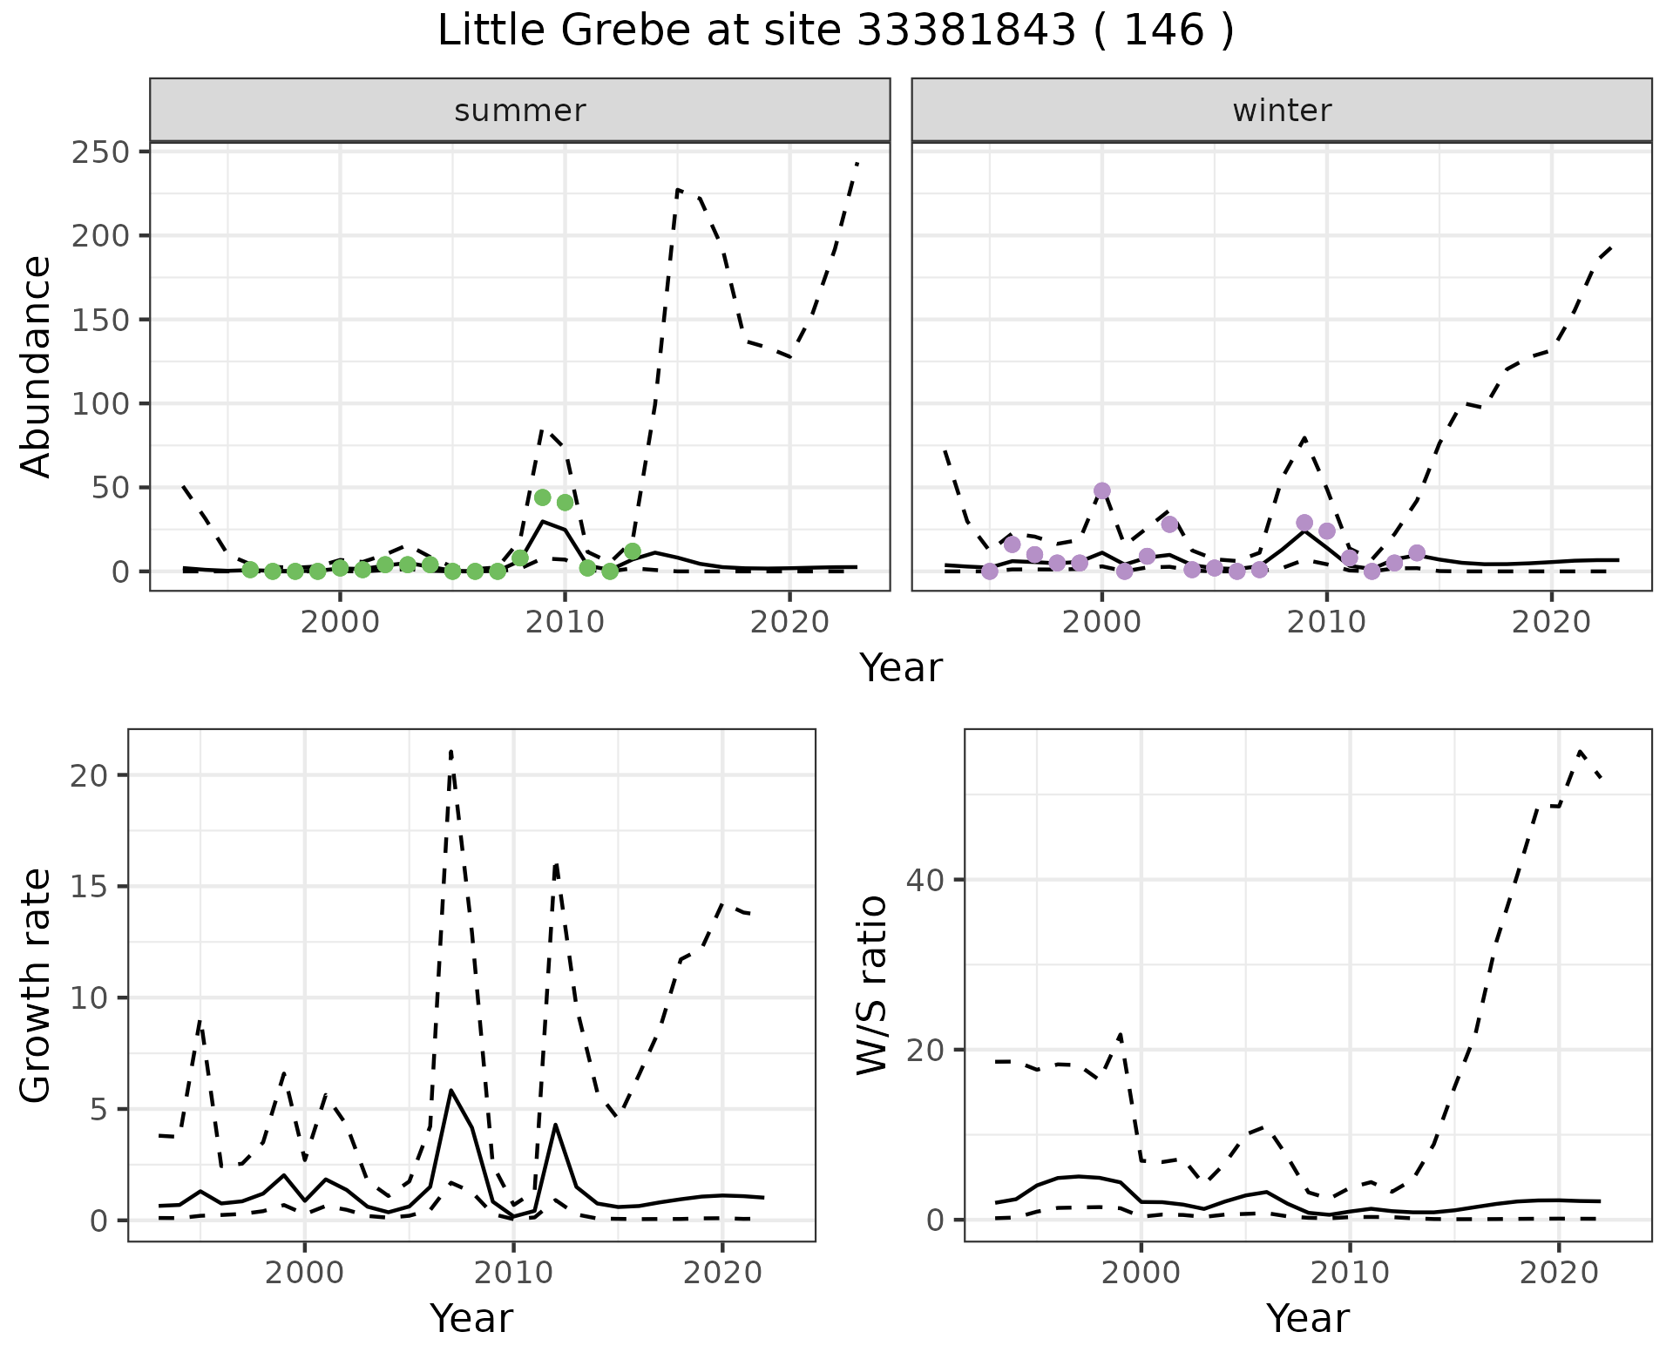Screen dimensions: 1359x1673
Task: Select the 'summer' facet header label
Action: [x=520, y=111]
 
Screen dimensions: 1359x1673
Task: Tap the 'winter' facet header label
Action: [x=1282, y=111]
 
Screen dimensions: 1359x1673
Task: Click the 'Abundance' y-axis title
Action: [x=37, y=366]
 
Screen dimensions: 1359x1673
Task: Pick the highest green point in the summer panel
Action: [x=542, y=497]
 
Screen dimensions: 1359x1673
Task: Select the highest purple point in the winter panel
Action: [x=1102, y=490]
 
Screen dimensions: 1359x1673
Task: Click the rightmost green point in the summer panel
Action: [x=633, y=551]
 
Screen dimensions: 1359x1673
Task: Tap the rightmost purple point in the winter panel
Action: [x=1417, y=553]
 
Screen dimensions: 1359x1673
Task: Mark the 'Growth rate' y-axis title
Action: [x=37, y=986]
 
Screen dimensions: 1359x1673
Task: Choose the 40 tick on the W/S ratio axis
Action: [x=925, y=880]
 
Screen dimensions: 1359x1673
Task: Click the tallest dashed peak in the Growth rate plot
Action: [x=450, y=751]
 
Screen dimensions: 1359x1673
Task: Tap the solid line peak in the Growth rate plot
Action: [x=450, y=1091]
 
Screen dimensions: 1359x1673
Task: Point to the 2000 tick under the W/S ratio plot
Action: [x=1141, y=1273]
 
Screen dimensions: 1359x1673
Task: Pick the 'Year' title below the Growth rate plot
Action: [x=471, y=1319]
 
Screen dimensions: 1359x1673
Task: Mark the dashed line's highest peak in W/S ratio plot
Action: [x=1581, y=751]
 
